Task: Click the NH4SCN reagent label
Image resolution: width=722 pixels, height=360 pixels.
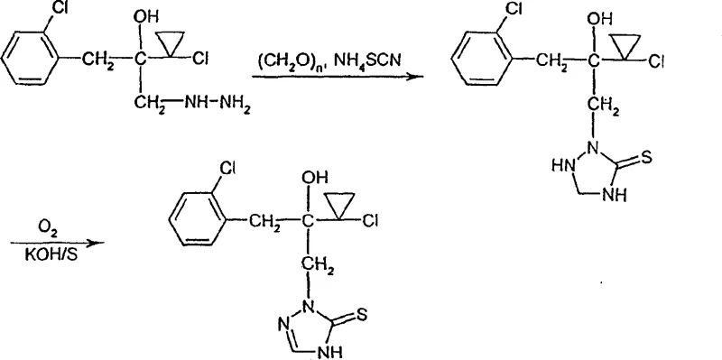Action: pyautogui.click(x=368, y=60)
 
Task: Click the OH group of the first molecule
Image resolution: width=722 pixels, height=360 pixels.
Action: pyautogui.click(x=143, y=15)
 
